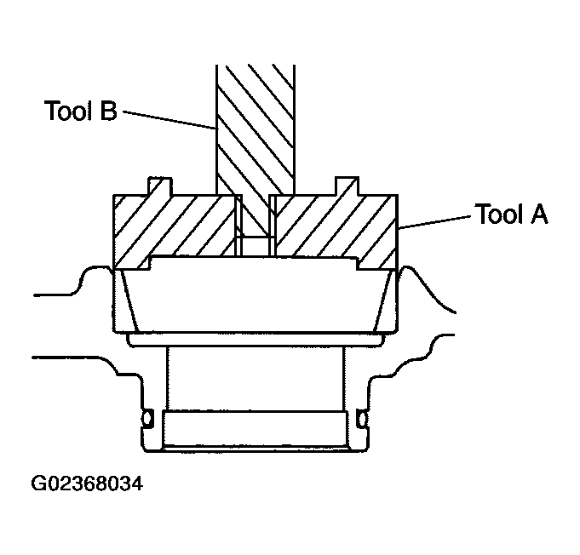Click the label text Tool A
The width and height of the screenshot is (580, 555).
[x=511, y=215]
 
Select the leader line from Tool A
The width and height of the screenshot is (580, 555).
[x=434, y=222]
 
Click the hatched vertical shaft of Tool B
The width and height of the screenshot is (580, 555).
[x=255, y=128]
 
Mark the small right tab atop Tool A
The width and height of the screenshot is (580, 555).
[x=348, y=186]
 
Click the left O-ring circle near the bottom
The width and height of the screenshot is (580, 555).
[x=147, y=419]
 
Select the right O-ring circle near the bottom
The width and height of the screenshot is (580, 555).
[x=364, y=419]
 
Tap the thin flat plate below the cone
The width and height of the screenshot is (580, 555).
[x=255, y=340]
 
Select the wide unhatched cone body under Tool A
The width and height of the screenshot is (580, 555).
[x=255, y=298]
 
